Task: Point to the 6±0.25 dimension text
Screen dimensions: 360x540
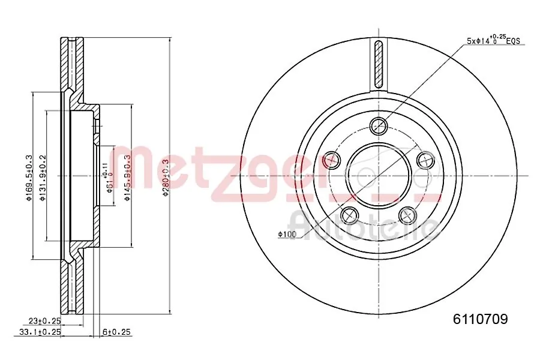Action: click(x=117, y=332)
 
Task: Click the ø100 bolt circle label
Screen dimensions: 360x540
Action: click(x=287, y=234)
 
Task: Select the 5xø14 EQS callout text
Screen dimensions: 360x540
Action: click(x=493, y=41)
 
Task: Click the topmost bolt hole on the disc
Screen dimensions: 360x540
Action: click(x=379, y=125)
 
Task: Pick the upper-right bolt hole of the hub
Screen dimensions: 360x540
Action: click(x=425, y=160)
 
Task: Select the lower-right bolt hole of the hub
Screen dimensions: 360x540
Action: click(x=408, y=215)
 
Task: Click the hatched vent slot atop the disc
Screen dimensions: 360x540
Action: click(x=379, y=64)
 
